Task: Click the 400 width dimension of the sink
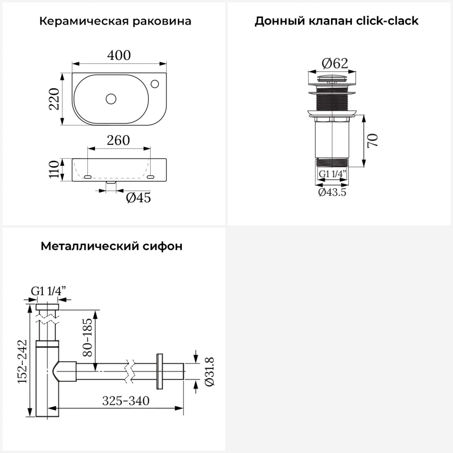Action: pyautogui.click(x=119, y=55)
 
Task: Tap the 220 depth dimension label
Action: pyautogui.click(x=55, y=99)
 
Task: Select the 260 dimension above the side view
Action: pyautogui.click(x=118, y=140)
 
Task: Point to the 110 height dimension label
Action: pyautogui.click(x=54, y=169)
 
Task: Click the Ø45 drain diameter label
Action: pyautogui.click(x=138, y=198)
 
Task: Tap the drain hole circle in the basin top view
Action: pyautogui.click(x=111, y=99)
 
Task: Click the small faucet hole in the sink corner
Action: pyautogui.click(x=155, y=83)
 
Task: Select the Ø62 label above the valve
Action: pyautogui.click(x=335, y=63)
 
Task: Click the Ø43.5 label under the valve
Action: pyautogui.click(x=332, y=192)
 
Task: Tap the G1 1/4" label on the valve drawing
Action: pyautogui.click(x=332, y=174)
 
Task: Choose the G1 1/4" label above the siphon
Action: pyautogui.click(x=48, y=291)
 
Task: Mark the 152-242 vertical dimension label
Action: pyautogui.click(x=22, y=361)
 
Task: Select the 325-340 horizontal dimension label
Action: pyautogui.click(x=126, y=401)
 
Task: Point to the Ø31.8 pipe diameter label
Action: pyautogui.click(x=209, y=371)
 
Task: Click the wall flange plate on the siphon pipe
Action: pyautogui.click(x=159, y=371)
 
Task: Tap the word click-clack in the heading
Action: pyautogui.click(x=387, y=21)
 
